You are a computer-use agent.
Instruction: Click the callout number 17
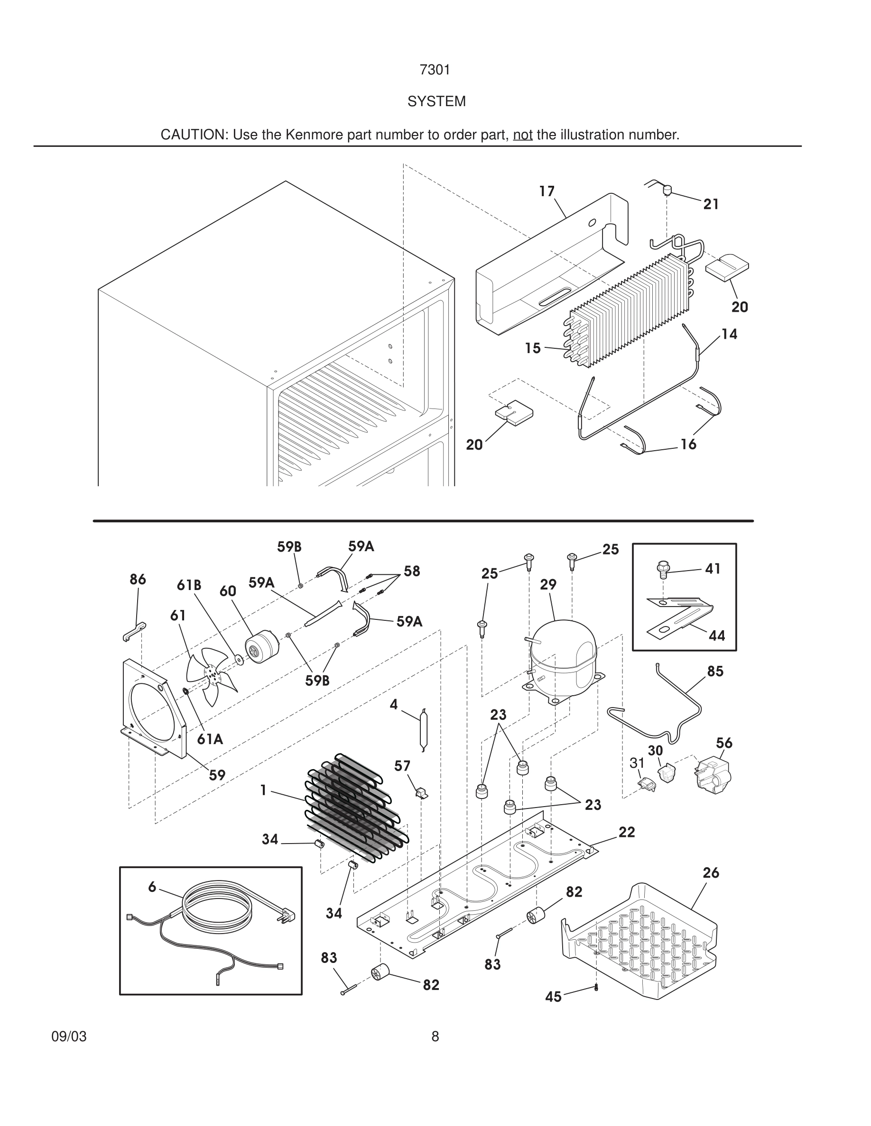(547, 191)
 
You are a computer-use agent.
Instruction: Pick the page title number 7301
(435, 70)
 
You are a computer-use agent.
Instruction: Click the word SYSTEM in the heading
(436, 101)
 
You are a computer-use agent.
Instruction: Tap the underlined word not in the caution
(522, 135)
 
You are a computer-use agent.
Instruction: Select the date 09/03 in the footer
(69, 1037)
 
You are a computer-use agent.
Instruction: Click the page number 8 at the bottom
(435, 1037)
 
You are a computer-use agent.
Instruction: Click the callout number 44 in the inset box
(717, 636)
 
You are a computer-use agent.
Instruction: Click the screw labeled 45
(596, 988)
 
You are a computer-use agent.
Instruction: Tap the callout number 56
(724, 743)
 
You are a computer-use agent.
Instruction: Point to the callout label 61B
(189, 585)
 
